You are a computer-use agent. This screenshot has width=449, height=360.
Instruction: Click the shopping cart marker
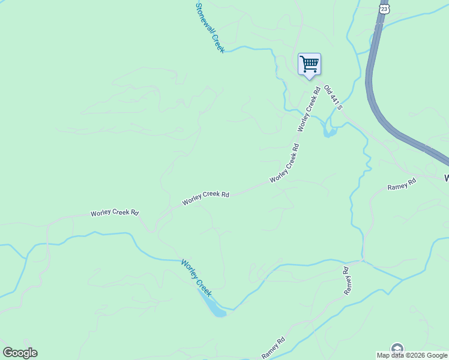coord(309,64)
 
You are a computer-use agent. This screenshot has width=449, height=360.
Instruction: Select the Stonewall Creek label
coord(210,28)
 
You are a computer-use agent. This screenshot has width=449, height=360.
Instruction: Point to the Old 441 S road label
coord(333,97)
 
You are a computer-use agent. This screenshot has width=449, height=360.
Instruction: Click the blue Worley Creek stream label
coord(197,278)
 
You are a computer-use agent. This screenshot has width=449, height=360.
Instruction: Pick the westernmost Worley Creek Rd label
coord(115,213)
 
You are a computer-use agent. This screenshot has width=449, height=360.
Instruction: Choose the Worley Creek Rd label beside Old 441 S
coord(307,109)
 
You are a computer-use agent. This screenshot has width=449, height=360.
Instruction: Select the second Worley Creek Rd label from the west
coord(206,198)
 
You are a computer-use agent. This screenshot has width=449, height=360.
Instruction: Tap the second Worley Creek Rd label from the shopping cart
coord(285,163)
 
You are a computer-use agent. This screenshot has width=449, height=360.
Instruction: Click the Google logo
coord(20,353)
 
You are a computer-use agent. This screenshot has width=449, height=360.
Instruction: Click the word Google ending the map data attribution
coord(437,355)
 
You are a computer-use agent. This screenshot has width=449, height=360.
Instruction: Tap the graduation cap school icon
coord(397,349)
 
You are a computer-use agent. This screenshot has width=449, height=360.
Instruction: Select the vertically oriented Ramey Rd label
coord(346,280)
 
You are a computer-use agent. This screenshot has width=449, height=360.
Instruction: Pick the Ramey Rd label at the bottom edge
coord(273,348)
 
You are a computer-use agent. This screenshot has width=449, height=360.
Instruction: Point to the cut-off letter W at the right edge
coord(446,178)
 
